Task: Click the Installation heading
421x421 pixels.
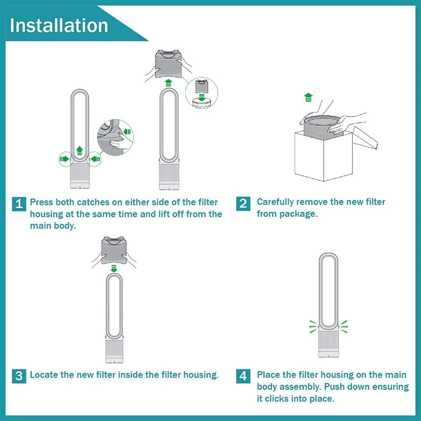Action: (x=59, y=25)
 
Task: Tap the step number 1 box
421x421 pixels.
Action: (x=19, y=204)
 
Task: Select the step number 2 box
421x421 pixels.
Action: (x=243, y=204)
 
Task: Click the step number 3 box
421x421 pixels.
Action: (x=19, y=376)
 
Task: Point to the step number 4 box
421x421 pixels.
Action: (x=243, y=376)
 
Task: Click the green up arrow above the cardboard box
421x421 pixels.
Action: (x=308, y=97)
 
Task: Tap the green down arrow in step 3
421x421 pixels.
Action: (x=114, y=268)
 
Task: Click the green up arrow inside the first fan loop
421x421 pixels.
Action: (x=79, y=151)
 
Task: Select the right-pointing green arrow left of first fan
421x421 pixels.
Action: (x=64, y=159)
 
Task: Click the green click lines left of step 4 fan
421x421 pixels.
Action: (x=313, y=326)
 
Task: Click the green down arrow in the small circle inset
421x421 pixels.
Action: (x=202, y=97)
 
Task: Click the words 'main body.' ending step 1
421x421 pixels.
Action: (x=53, y=226)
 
